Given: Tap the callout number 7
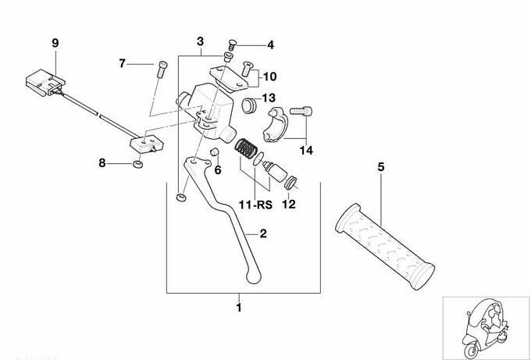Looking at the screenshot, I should click(123, 62).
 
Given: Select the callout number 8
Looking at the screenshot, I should click(102, 163).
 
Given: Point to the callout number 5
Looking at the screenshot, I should click(381, 166).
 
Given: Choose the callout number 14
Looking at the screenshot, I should click(306, 149).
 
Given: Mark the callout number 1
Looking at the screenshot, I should click(239, 308).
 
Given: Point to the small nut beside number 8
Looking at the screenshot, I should click(138, 165).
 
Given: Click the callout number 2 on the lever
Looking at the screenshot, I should click(264, 233).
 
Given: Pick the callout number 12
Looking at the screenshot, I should click(288, 205).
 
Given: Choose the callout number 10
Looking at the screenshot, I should click(269, 77).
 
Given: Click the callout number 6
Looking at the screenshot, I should click(218, 169).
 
